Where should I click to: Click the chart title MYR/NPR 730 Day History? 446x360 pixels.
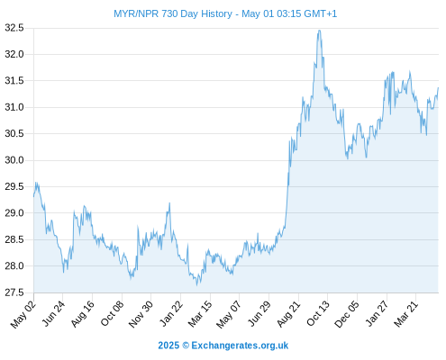(173, 13)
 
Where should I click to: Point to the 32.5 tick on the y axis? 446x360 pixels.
(14, 28)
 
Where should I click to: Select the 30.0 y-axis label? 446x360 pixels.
(14, 160)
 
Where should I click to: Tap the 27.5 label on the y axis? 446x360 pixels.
(14, 292)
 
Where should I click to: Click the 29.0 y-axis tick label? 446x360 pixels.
(14, 213)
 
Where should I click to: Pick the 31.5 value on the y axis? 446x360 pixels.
(14, 81)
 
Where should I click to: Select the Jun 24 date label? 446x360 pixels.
(53, 314)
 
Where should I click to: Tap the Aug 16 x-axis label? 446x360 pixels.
(82, 314)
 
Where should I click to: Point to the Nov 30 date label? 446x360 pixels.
(141, 314)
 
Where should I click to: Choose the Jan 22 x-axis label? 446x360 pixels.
(170, 314)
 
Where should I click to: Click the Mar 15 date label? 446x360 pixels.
(200, 314)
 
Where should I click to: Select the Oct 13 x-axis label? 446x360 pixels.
(317, 314)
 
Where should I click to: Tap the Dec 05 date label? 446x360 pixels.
(346, 314)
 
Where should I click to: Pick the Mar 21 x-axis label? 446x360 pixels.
(405, 314)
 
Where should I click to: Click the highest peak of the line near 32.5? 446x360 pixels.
(319, 31)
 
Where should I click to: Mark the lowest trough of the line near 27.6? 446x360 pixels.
(197, 284)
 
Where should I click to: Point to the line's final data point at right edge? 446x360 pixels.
(438, 88)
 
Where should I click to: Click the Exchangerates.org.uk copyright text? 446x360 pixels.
(223, 346)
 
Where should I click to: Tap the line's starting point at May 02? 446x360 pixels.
(34, 196)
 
